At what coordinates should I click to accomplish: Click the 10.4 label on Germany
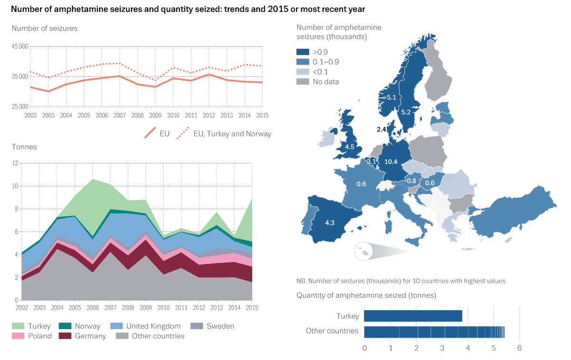(391, 162)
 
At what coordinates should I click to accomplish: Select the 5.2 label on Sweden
(406, 112)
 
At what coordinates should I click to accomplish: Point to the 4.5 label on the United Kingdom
(350, 147)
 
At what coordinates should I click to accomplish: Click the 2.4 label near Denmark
(381, 129)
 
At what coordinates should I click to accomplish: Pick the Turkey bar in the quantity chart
(413, 316)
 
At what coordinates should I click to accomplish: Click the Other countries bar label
(332, 331)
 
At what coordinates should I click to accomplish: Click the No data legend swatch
(302, 82)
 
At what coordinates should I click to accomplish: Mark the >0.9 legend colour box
(302, 52)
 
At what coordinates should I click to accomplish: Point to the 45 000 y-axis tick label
(20, 46)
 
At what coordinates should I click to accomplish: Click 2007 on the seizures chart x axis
(119, 116)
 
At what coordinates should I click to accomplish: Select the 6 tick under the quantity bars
(519, 348)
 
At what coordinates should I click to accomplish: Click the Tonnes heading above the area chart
(24, 147)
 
